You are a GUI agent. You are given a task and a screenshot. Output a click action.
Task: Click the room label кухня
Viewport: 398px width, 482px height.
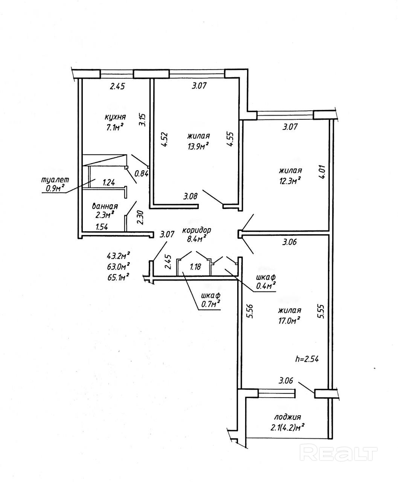click(x=115, y=117)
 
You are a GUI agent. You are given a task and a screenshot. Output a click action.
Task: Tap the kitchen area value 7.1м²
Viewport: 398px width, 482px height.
click(x=115, y=127)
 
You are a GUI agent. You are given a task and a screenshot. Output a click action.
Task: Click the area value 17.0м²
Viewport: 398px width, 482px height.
click(x=289, y=320)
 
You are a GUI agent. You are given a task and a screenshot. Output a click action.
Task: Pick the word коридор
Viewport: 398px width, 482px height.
click(x=196, y=230)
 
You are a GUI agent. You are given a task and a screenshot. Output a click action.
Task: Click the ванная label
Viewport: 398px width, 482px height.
click(x=105, y=206)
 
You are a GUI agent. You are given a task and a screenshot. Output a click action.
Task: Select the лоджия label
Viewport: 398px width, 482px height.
click(x=287, y=417)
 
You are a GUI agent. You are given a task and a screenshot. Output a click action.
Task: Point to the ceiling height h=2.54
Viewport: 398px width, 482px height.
click(x=307, y=359)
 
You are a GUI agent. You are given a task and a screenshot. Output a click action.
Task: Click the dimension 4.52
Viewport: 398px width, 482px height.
click(x=164, y=140)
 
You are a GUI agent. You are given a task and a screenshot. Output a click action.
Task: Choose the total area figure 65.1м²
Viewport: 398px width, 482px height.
click(x=118, y=276)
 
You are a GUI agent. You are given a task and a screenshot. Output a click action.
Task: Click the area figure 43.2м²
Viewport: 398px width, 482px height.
click(x=118, y=256)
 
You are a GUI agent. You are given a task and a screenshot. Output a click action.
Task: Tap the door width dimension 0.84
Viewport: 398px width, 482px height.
click(x=142, y=174)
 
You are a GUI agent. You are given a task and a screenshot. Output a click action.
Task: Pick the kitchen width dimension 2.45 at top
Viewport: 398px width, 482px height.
click(x=117, y=86)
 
